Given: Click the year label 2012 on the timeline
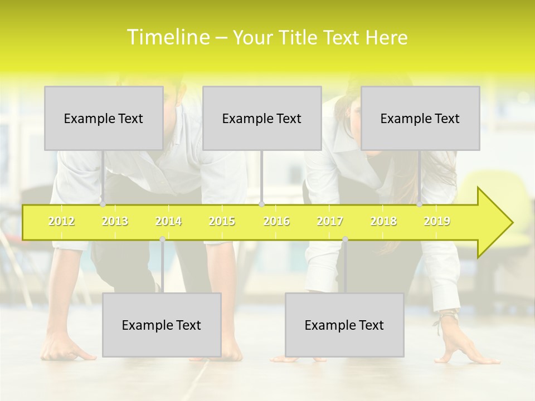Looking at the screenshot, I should pyautogui.click(x=61, y=221).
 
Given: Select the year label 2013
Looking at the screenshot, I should pyautogui.click(x=115, y=221).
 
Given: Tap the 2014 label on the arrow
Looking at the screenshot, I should pyautogui.click(x=168, y=221).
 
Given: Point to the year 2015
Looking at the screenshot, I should pyautogui.click(x=222, y=221).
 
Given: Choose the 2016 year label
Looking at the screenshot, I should pyautogui.click(x=276, y=221).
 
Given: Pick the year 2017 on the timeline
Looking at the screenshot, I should pyautogui.click(x=330, y=221).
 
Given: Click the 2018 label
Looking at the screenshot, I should pyautogui.click(x=383, y=221).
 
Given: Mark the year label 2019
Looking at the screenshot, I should pyautogui.click(x=437, y=221).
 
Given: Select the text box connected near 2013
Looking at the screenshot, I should pyautogui.click(x=104, y=118).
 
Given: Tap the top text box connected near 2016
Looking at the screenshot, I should pyautogui.click(x=262, y=118).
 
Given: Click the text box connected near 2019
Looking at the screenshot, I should pyautogui.click(x=420, y=118).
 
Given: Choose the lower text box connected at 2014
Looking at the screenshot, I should pyautogui.click(x=162, y=325).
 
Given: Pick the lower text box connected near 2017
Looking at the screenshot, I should pyautogui.click(x=344, y=325).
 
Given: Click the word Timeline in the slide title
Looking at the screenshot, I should pyautogui.click(x=168, y=37).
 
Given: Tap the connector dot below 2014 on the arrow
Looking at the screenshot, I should pyautogui.click(x=162, y=239).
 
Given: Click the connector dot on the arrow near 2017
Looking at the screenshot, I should pyautogui.click(x=345, y=239).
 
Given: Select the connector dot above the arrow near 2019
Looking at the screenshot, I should pyautogui.click(x=420, y=204).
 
